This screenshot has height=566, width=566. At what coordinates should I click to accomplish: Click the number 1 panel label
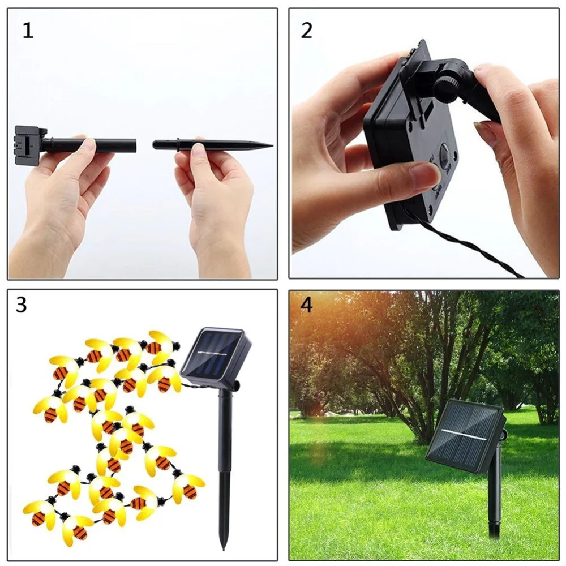(x=28, y=31)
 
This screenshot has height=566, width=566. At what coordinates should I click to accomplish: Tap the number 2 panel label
(x=306, y=31)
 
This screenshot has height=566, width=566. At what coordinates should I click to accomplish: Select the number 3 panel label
(x=21, y=305)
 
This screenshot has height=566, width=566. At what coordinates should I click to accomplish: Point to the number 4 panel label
(x=306, y=305)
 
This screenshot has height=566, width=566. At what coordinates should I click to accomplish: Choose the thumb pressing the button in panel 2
(x=408, y=178)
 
